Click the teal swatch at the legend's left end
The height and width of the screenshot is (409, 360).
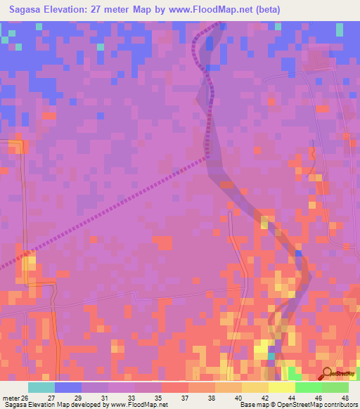(41, 387)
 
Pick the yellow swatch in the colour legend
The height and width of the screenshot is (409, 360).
(281, 387)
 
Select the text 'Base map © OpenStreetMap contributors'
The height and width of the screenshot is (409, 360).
(298, 405)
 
